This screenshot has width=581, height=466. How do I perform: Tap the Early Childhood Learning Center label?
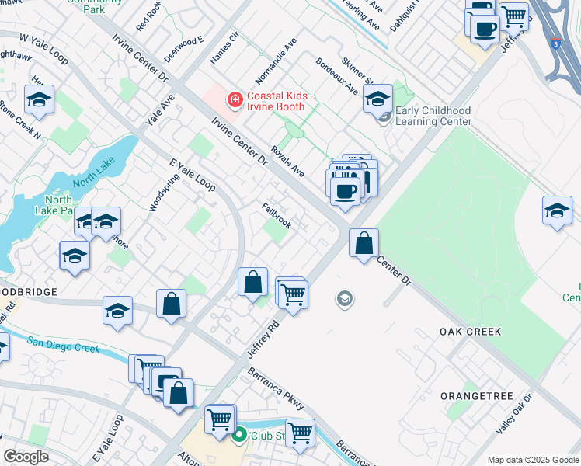433,116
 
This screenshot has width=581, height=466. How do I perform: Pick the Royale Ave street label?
287,160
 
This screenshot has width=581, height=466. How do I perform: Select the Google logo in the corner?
26,457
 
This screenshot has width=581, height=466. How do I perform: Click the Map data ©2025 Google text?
532,460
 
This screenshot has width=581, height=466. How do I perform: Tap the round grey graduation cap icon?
344,298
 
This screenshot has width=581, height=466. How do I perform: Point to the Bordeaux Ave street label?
337,75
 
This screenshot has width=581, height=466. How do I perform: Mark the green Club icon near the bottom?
240,436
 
